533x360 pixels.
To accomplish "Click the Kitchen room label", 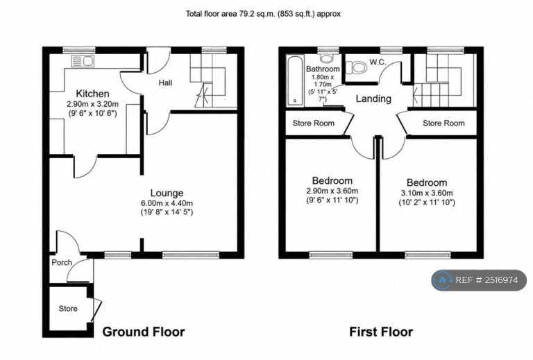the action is click(92, 94).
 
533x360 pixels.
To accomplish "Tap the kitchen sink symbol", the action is click(83, 62).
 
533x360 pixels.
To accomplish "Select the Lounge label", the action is click(167, 193).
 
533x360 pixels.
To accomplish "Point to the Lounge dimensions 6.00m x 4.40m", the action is click(167, 203).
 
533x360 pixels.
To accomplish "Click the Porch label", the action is click(62, 262).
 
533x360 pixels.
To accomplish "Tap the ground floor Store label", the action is click(68, 309).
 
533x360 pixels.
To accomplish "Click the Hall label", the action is click(166, 83).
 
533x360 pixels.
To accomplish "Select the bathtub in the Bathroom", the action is click(295, 80).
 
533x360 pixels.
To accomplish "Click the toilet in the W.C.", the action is click(356, 67).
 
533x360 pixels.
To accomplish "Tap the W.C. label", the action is click(378, 62).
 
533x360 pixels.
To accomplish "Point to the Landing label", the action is click(373, 98).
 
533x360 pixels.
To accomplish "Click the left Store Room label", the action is click(314, 123).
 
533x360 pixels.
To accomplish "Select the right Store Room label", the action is click(443, 123).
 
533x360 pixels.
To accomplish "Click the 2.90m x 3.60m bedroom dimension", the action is click(332, 191).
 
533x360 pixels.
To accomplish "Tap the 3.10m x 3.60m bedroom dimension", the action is click(427, 194).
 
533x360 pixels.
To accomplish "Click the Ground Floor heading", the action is click(144, 332).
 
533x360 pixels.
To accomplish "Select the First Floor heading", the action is click(381, 332).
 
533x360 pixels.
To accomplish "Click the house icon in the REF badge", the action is click(442, 280).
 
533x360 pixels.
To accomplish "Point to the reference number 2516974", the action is click(501, 280).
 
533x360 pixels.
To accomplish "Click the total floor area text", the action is click(263, 14).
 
